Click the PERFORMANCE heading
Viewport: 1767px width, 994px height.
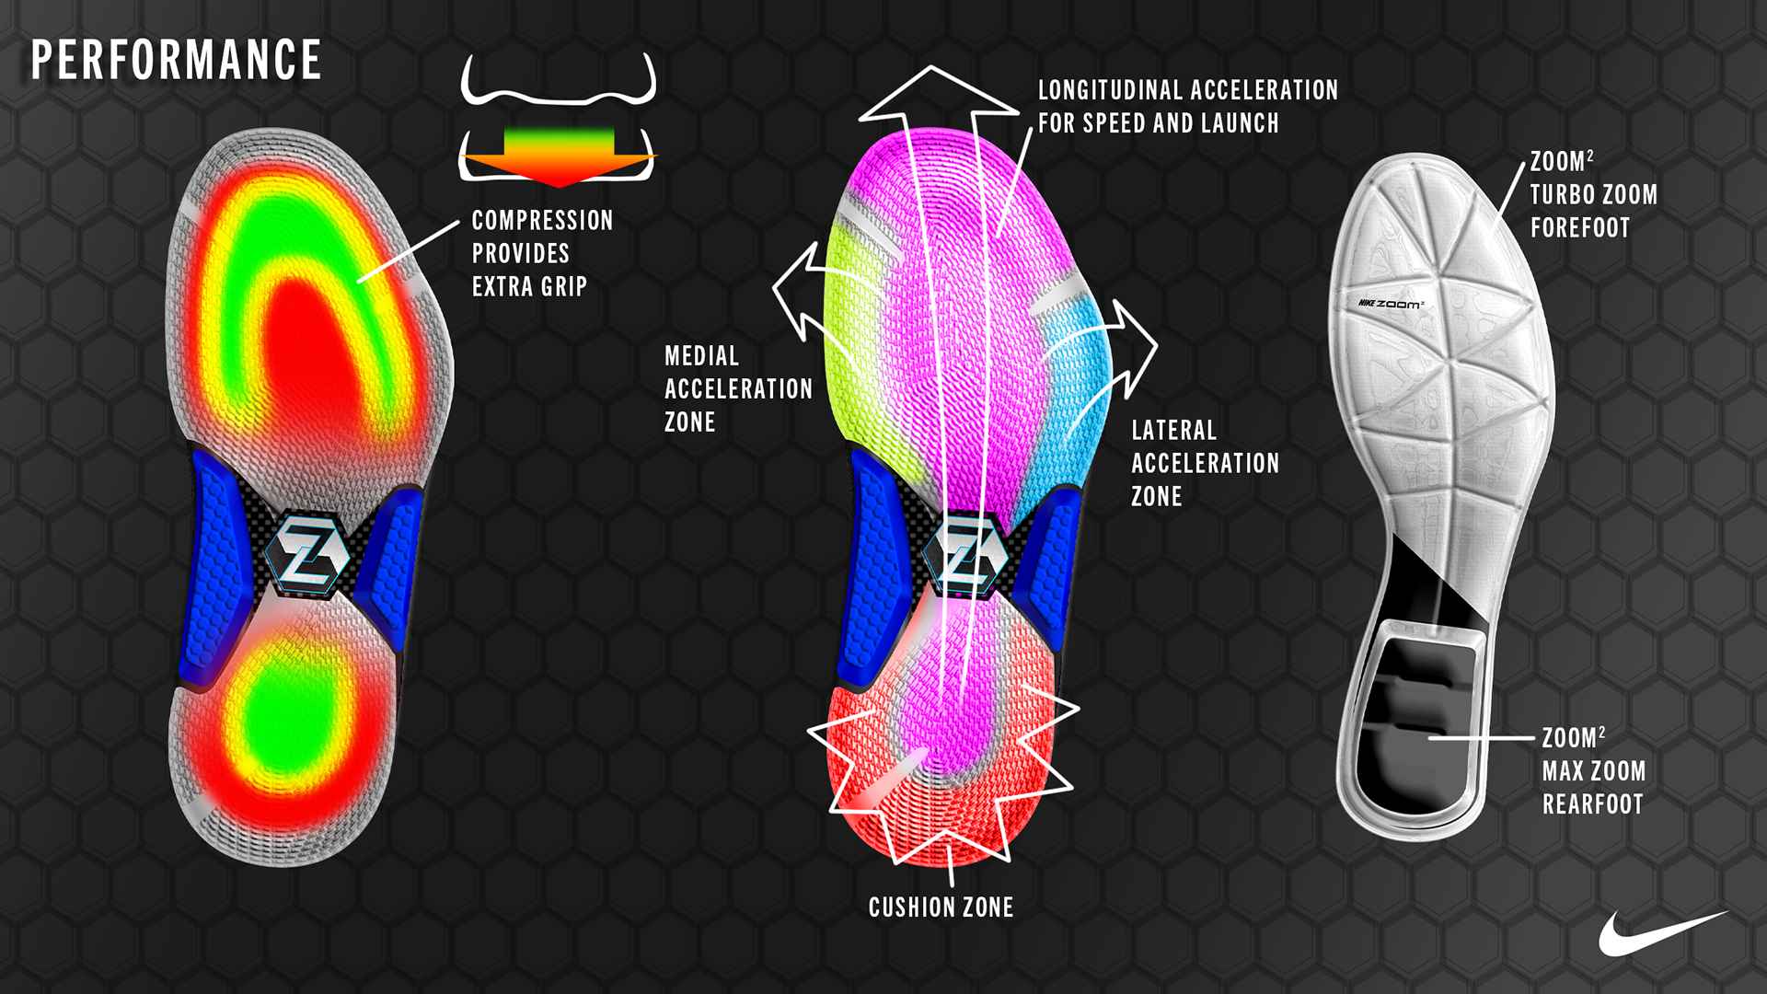pos(176,61)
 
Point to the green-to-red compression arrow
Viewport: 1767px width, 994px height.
pos(559,157)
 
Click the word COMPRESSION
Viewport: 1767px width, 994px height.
pos(542,221)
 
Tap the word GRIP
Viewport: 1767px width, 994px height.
pos(563,287)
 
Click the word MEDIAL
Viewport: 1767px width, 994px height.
pos(701,356)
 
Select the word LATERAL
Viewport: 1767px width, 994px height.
pos(1173,431)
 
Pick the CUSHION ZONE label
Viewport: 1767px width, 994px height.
pos(941,907)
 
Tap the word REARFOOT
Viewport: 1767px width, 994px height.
pos(1592,804)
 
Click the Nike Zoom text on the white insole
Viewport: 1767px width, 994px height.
pos(1391,304)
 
